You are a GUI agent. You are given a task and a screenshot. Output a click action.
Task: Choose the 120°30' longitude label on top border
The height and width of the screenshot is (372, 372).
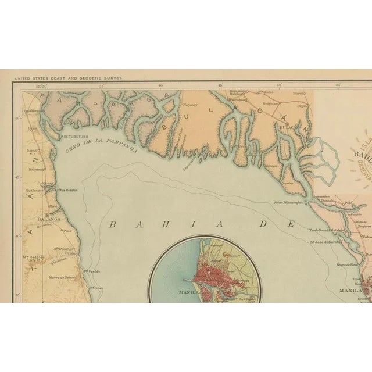pyautogui.click(x=41, y=86)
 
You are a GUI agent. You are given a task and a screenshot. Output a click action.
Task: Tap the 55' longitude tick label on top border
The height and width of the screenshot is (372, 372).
pyautogui.click(x=338, y=86)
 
